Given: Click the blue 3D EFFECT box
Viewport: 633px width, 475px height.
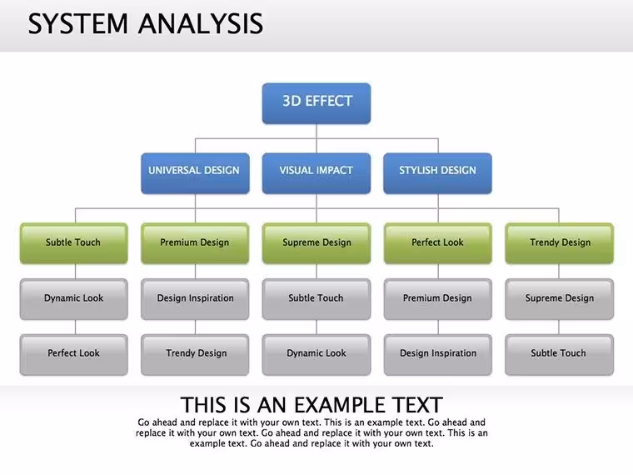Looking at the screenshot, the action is click(x=316, y=103).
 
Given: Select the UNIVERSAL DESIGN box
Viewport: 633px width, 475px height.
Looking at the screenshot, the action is click(x=195, y=173).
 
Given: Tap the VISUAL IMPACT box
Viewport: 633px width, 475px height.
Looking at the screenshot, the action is click(x=316, y=173).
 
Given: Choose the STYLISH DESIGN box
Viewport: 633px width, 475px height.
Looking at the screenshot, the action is click(x=437, y=173).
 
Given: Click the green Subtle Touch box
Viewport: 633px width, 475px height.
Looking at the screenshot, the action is click(x=74, y=243).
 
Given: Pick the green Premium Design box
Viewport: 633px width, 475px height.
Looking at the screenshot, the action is click(x=195, y=243).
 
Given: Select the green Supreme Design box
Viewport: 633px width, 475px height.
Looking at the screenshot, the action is click(x=316, y=243).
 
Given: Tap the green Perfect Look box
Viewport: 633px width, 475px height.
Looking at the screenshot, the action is click(x=438, y=243).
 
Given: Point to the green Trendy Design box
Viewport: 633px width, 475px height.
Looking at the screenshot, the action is click(x=559, y=243).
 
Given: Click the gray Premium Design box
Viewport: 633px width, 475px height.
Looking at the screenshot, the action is click(x=438, y=299).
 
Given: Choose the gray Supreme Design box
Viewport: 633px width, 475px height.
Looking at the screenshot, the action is click(x=559, y=299).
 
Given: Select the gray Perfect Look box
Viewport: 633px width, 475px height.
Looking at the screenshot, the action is click(x=74, y=355).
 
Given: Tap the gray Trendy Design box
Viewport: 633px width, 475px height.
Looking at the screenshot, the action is click(x=195, y=355).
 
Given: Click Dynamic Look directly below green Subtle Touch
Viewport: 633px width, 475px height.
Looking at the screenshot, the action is click(x=74, y=299).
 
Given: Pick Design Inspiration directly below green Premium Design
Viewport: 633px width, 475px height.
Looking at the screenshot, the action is click(x=195, y=299).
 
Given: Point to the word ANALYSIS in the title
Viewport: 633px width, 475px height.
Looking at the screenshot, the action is click(x=201, y=23).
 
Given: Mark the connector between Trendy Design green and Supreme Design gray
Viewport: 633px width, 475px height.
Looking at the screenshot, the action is click(x=559, y=272).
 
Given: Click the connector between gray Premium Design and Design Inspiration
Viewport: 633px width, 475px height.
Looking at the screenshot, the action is click(x=438, y=327).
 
